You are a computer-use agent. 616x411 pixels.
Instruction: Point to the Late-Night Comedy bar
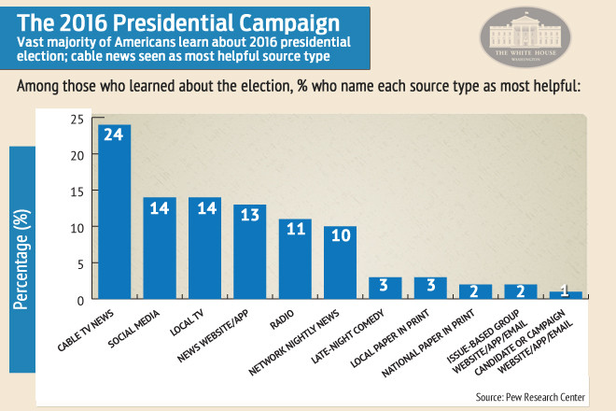pyautogui.click(x=385, y=289)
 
